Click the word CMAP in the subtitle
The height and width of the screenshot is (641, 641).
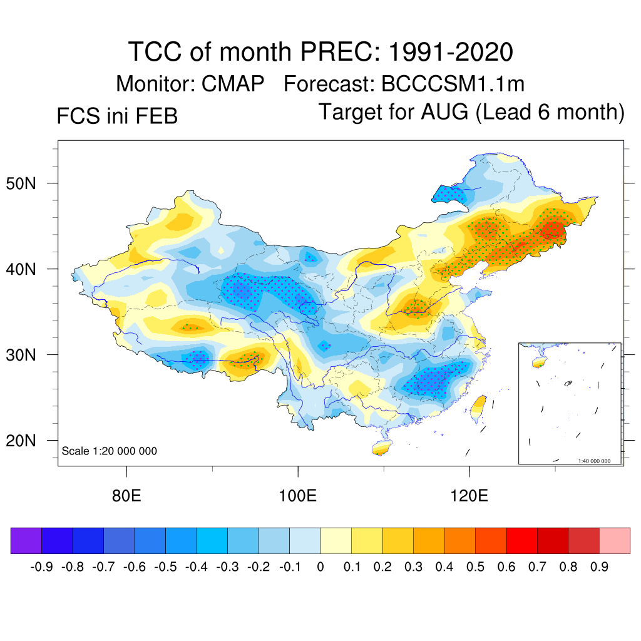233,83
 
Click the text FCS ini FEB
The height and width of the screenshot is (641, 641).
117,116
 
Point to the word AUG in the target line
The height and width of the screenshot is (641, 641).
450,112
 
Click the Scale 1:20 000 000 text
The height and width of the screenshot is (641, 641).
110,451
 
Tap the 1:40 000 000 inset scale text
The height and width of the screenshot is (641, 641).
598,461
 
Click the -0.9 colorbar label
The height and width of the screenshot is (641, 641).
41,567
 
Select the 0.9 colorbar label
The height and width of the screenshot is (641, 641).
599,567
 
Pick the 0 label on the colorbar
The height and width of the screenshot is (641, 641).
320,567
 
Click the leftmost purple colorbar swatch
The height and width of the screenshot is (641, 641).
26,540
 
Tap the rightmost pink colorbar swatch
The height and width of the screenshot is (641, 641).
615,540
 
